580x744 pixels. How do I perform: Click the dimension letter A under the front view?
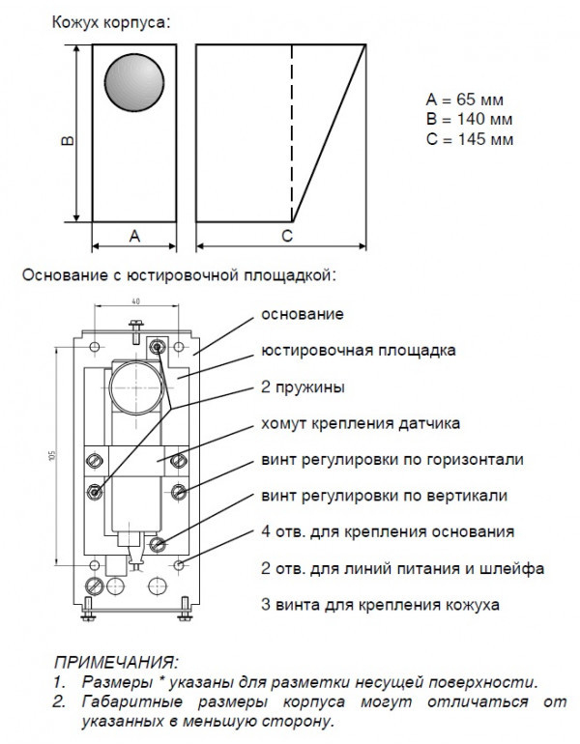pyautogui.click(x=134, y=236)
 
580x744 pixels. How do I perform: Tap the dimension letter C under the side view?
pyautogui.click(x=287, y=236)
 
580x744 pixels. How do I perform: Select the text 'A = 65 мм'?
pyautogui.click(x=465, y=100)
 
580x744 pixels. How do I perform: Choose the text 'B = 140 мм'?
pyautogui.click(x=469, y=119)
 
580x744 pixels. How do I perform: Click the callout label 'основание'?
pyautogui.click(x=301, y=314)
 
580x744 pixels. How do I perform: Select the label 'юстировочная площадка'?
pyautogui.click(x=358, y=350)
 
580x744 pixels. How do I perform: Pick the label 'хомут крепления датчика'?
pyautogui.click(x=361, y=423)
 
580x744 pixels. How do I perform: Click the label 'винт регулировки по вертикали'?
pyautogui.click(x=384, y=496)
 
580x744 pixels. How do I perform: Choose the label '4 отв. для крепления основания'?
pyautogui.click(x=381, y=531)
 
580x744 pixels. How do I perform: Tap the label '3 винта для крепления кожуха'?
pyautogui.click(x=380, y=605)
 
